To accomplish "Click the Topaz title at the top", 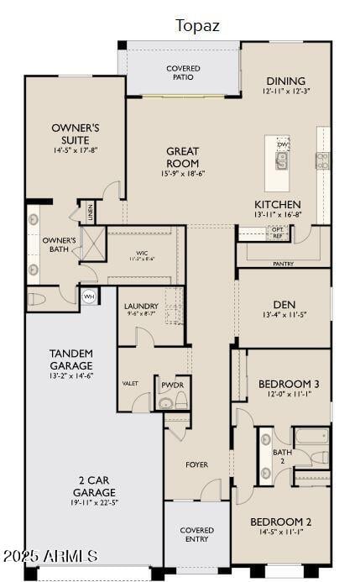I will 197,26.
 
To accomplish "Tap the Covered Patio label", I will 182,72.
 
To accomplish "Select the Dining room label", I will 285,81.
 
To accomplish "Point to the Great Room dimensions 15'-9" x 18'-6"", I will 182,174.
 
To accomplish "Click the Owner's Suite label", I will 76,134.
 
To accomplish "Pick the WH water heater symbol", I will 89,296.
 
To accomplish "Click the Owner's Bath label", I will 59,244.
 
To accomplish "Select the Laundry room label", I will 141,306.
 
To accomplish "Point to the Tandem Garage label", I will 71,359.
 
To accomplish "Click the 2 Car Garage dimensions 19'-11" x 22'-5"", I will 94,504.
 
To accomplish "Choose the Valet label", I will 130,383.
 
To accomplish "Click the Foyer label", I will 196,464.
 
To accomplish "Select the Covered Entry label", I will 196,535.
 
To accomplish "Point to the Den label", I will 284,304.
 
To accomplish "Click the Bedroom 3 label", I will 289,383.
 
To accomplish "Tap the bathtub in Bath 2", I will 311,437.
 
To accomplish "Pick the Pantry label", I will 283,264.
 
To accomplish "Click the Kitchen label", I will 278,204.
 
